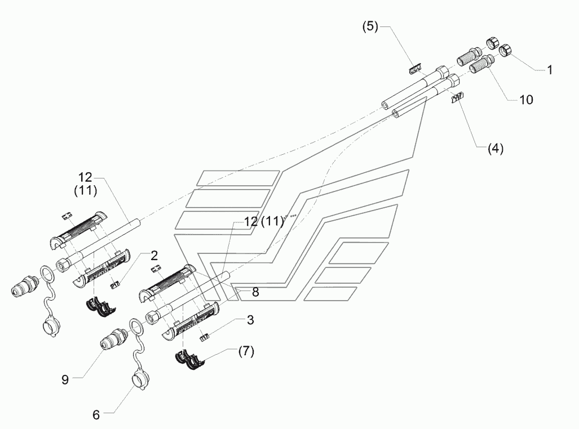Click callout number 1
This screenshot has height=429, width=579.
click(550, 70)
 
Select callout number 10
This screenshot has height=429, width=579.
click(526, 100)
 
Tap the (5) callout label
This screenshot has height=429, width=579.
click(370, 26)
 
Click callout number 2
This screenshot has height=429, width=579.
click(154, 255)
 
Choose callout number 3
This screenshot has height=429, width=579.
click(250, 320)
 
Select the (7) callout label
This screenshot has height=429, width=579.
click(246, 351)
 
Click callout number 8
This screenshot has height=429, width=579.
click(255, 292)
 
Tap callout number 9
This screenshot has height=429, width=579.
click(65, 379)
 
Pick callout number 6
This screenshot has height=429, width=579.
click(96, 415)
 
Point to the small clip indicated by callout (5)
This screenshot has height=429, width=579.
click(416, 69)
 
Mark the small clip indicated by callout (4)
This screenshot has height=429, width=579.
click(458, 98)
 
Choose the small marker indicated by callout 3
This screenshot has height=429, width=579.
click(204, 337)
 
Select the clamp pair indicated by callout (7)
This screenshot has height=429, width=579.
click(188, 358)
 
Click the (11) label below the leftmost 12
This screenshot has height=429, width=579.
click(86, 190)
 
